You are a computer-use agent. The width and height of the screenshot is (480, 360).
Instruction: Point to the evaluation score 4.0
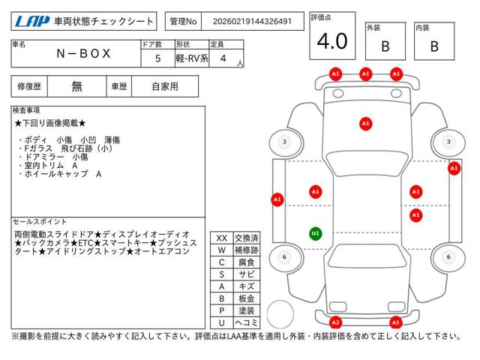[332, 41]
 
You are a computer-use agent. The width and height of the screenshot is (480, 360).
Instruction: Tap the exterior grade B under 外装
[385, 46]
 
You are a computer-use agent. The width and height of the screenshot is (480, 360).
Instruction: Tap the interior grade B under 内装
[434, 46]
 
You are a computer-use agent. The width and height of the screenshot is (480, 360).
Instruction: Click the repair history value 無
[77, 86]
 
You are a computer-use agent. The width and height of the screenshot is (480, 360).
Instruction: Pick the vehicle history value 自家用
[164, 86]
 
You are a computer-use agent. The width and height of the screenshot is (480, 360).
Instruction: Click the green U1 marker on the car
[315, 233]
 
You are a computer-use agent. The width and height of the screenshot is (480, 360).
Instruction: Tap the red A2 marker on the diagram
[336, 322]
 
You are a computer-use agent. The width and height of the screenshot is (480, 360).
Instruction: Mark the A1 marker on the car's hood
[365, 123]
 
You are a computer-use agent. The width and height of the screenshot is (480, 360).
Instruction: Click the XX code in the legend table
[221, 238]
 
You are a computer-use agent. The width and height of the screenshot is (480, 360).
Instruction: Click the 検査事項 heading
[28, 110]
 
